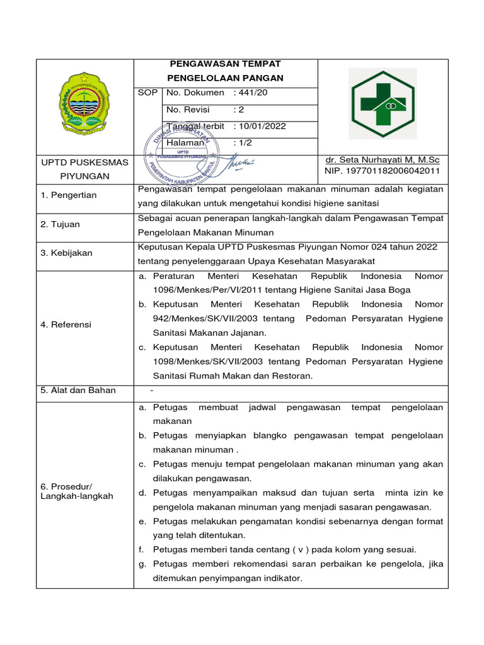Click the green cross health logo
point(383,104)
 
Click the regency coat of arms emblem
point(84,103)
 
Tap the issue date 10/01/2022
point(262,126)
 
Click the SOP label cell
point(147,93)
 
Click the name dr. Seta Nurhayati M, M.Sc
point(383,161)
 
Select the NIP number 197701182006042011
point(382,171)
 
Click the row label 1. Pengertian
point(69,195)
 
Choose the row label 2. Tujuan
point(60,224)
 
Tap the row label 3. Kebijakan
point(66,253)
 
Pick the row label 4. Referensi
point(66,324)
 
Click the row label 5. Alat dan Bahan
point(78,391)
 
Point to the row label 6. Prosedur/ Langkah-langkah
point(76,491)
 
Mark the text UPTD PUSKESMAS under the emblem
point(84,163)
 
